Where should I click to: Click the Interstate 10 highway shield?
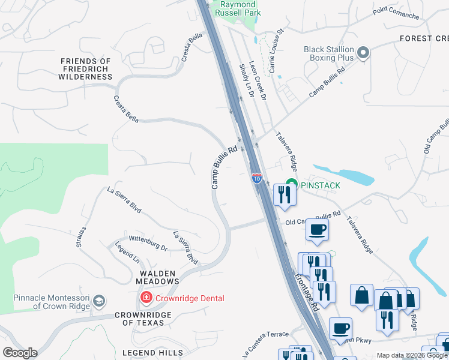point(257,178)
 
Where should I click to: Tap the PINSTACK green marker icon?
point(292,185)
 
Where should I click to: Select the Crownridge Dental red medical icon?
point(145,298)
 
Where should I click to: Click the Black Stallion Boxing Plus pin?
point(363,53)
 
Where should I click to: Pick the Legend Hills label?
point(152,353)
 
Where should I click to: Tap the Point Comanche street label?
point(396,13)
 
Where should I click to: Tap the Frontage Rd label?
point(307,293)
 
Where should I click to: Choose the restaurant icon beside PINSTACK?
point(284,194)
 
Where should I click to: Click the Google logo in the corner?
point(20,353)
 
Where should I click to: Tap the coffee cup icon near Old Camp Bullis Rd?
point(317,229)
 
